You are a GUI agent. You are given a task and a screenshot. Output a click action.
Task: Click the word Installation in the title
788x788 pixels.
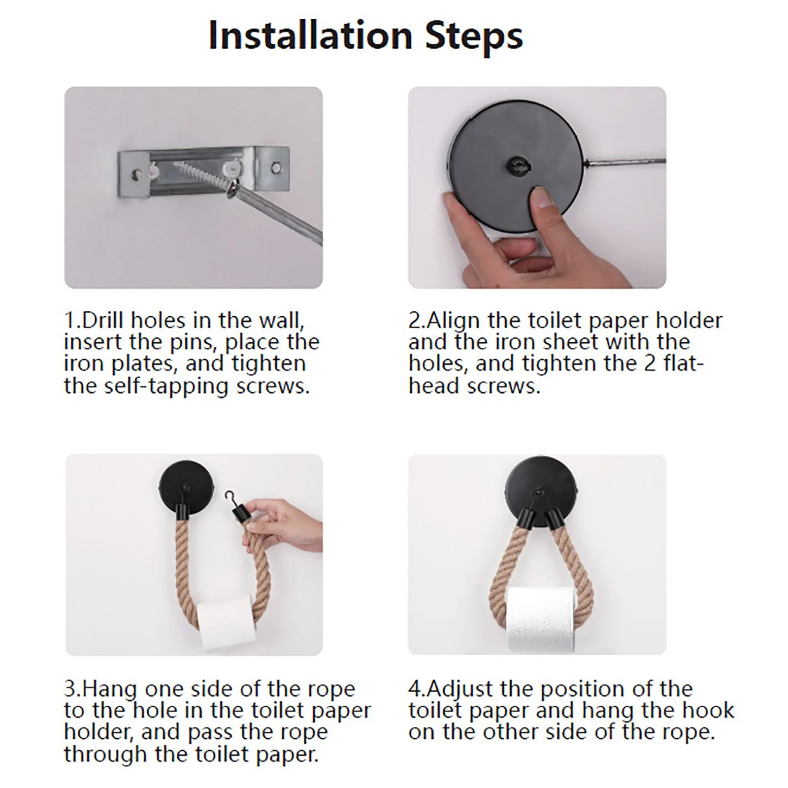click(310, 35)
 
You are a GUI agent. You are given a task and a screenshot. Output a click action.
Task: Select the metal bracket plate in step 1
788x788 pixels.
click(203, 169)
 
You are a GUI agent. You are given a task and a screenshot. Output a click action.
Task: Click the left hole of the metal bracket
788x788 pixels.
click(135, 173)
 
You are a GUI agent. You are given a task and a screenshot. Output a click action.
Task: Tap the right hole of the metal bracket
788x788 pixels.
click(274, 168)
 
